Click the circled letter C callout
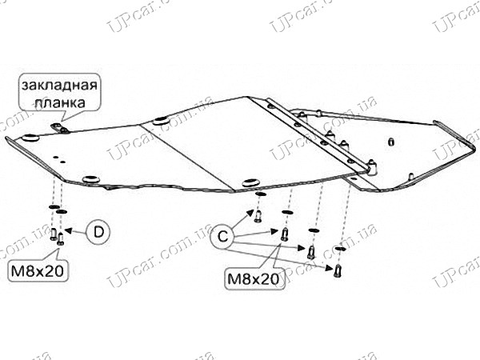223,236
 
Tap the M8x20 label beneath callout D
38,271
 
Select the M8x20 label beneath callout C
254,279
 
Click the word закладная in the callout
59,85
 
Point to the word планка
60,102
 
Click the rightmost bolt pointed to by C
338,271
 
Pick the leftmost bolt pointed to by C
258,217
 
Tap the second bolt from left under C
284,234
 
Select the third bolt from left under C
311,253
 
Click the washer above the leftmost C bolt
259,194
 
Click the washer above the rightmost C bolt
340,248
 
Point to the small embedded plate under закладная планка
60,128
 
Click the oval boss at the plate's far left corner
30,138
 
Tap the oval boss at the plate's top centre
162,121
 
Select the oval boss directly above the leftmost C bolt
250,182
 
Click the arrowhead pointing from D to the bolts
69,230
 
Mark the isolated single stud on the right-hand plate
390,142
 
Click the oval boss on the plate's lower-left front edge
91,179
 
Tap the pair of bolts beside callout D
57,237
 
